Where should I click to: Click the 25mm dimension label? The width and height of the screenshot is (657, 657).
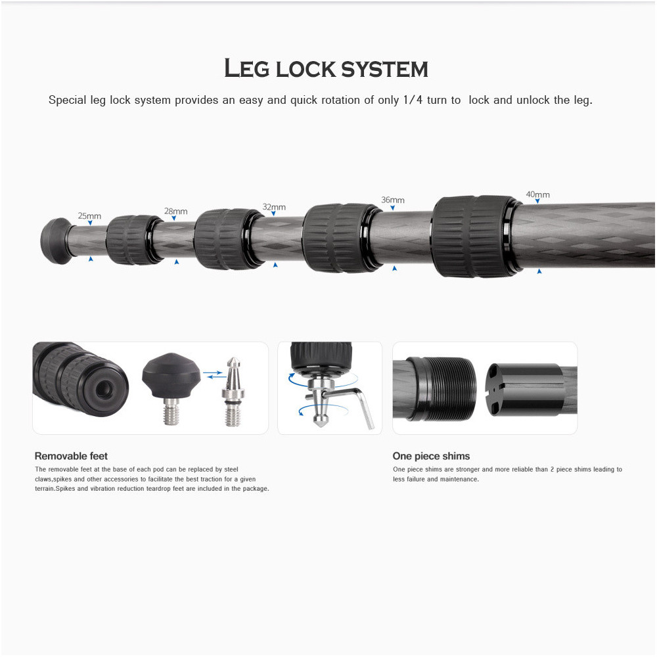point(89,215)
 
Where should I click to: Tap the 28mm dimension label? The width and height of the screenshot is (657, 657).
point(175,211)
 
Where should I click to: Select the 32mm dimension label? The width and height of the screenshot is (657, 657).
point(274,207)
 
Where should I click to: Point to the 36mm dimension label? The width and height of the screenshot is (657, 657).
point(393,200)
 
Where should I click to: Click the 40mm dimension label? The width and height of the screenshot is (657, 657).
point(537,194)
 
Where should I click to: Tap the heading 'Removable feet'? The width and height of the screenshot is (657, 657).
point(71,456)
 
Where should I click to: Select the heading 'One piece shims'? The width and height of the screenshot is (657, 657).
point(431,456)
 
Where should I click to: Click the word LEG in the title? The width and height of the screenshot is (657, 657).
point(247,68)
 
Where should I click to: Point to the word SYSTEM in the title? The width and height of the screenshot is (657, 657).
point(384,69)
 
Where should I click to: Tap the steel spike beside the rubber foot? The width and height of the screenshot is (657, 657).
point(233,392)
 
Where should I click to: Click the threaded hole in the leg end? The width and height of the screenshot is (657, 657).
point(104,389)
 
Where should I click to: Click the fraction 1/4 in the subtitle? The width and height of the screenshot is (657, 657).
point(413,100)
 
